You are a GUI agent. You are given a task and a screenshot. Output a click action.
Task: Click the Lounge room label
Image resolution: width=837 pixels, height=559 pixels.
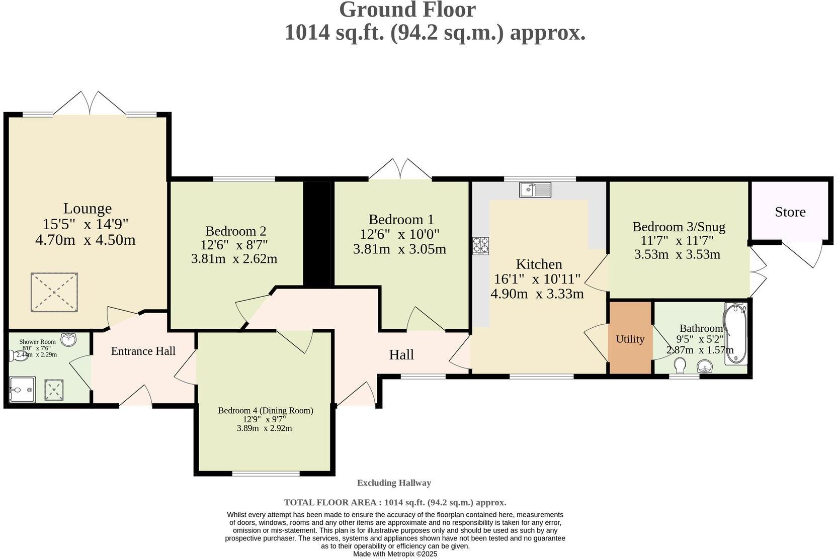point(87,208)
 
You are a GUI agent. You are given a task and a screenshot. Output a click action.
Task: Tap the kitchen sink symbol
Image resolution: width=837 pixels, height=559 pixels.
point(535,190)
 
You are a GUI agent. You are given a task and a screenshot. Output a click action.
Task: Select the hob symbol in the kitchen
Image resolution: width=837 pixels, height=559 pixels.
point(480,245)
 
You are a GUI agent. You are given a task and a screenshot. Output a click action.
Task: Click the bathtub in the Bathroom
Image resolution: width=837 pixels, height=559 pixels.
point(735,333)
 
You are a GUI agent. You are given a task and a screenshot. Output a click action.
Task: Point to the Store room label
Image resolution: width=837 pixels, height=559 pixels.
point(790,212)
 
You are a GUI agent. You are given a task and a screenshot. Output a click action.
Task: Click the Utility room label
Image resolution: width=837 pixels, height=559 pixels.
point(630,339)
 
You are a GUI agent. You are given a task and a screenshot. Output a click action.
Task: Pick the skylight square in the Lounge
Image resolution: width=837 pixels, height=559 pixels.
point(54,293)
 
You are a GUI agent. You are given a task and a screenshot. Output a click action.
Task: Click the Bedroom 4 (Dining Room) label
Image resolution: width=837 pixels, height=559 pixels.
point(265,410)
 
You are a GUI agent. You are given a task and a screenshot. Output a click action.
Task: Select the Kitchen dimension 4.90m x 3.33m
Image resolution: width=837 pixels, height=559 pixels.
point(537,294)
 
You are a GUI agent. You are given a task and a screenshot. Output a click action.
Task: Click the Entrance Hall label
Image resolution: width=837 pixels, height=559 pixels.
point(143,351)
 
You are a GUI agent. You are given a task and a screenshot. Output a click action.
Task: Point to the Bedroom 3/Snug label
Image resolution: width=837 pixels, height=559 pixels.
point(679,227)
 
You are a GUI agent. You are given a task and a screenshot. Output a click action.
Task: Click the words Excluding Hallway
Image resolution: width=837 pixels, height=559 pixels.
point(394,483)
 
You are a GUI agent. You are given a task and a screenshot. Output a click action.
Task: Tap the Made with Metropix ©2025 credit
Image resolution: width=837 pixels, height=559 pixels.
point(395,554)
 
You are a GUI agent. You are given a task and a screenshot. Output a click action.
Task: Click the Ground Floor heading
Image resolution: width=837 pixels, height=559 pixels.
point(407,10)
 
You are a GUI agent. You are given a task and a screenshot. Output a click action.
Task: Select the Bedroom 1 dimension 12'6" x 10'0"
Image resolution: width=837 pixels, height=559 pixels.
point(399,234)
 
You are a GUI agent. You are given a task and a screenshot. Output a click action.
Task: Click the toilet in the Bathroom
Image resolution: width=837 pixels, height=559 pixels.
point(681,365)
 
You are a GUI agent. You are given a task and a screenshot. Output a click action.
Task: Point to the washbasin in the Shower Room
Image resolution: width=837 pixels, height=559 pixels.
point(68,340)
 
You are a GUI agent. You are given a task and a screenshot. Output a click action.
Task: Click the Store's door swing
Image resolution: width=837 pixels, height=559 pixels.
point(805,253)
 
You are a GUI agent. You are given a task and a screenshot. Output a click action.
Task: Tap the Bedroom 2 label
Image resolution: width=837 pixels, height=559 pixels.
point(235,231)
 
